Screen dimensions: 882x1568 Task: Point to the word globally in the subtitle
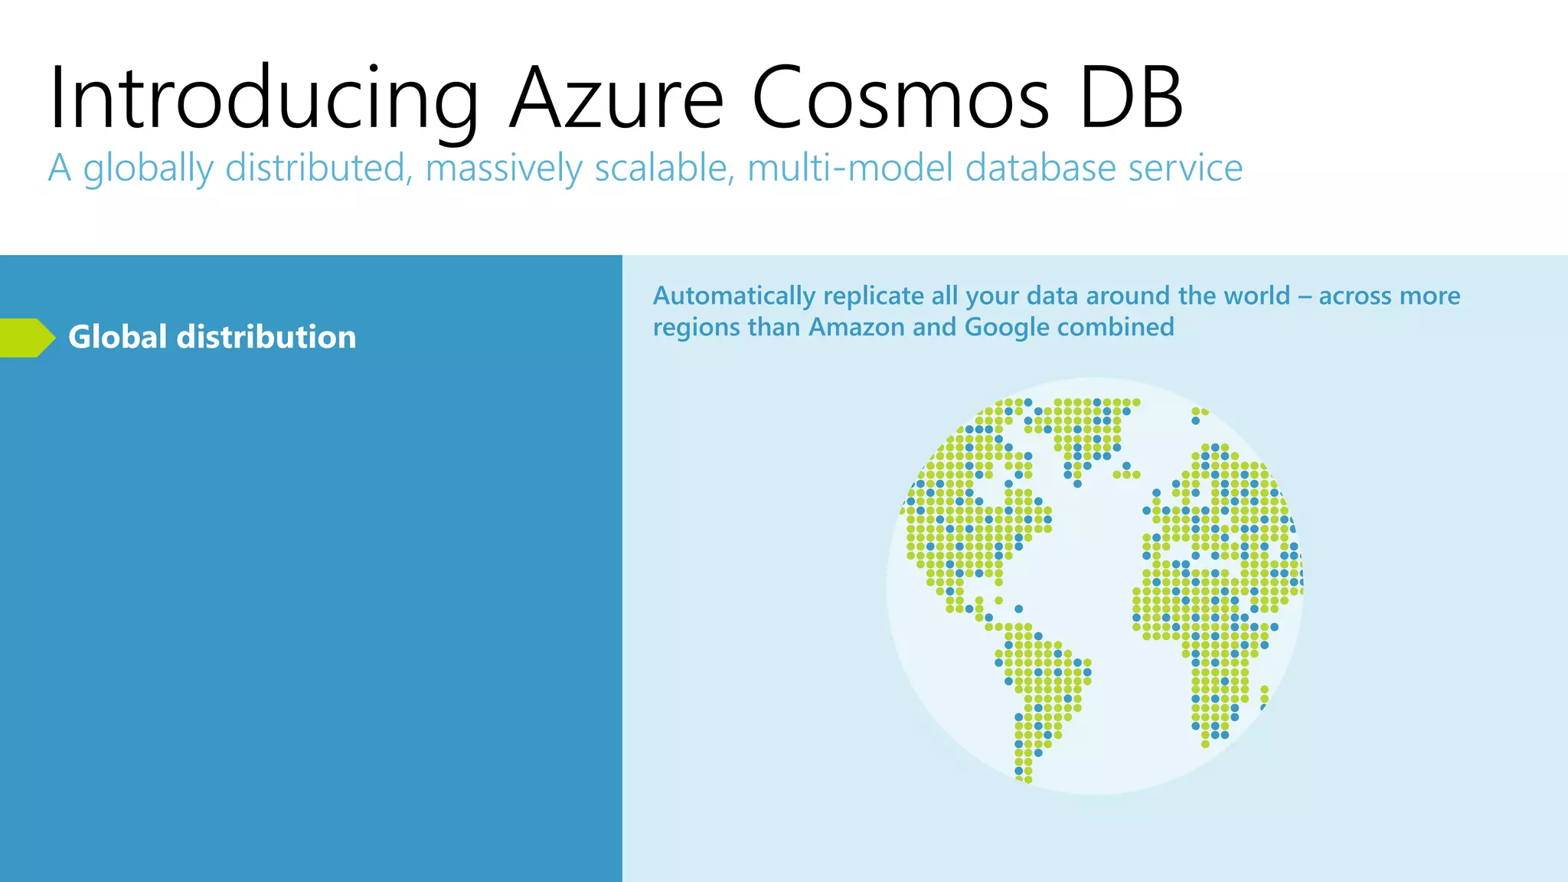(149, 168)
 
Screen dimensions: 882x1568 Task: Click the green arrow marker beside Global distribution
(28, 338)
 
